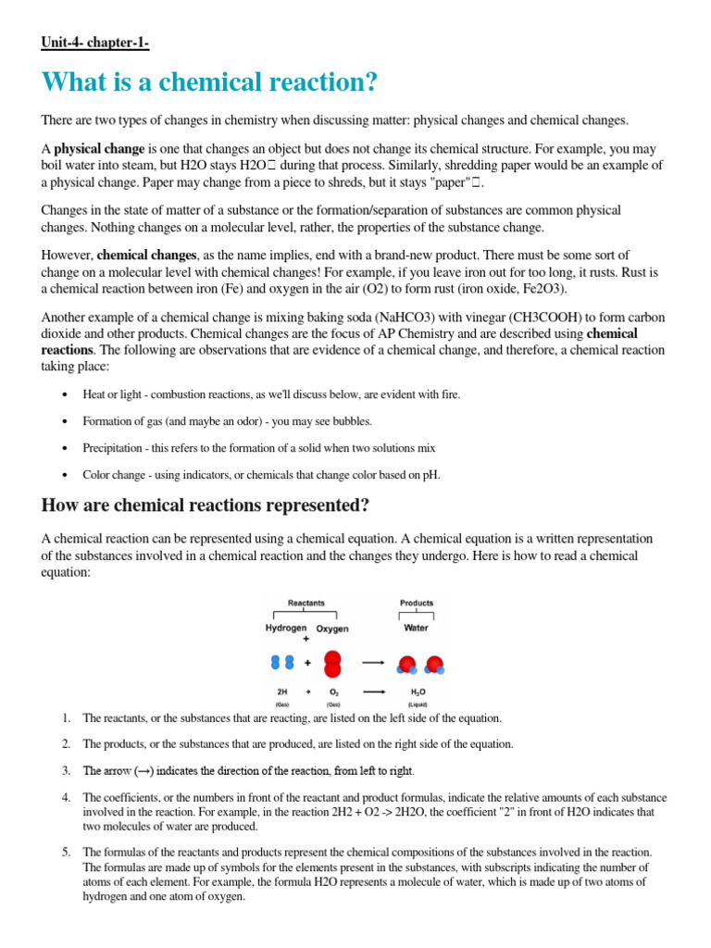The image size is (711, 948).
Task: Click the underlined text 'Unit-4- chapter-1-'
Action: (x=95, y=44)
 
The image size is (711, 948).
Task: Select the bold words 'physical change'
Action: (x=98, y=149)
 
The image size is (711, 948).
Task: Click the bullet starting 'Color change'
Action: (x=261, y=474)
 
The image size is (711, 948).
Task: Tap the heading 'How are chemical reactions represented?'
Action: (x=206, y=505)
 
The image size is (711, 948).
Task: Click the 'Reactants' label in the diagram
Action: (x=306, y=603)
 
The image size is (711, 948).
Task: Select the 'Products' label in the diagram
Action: (x=417, y=603)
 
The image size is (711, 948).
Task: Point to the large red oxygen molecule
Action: (x=333, y=663)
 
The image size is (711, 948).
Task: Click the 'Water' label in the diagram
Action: (x=417, y=628)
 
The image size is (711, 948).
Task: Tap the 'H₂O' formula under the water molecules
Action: (x=417, y=692)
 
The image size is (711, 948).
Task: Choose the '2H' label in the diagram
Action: (x=282, y=692)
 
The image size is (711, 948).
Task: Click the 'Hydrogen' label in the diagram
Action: (x=286, y=628)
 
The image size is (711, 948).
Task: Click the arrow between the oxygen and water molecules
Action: (x=373, y=663)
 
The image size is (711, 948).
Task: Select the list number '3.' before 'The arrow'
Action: (x=66, y=770)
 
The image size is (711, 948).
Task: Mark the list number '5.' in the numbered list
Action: (x=66, y=851)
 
